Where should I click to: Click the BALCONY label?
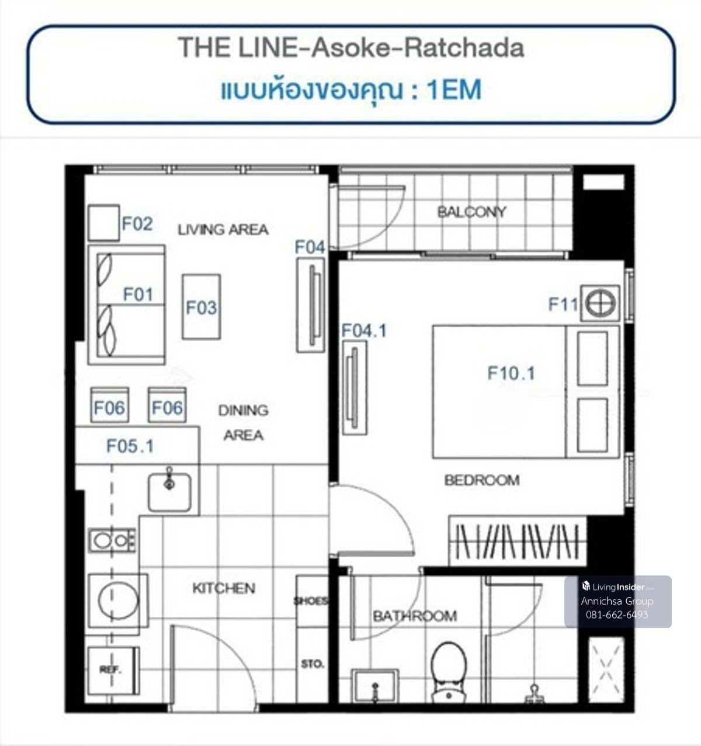(472, 212)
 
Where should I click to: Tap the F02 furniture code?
(137, 224)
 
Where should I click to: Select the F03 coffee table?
(202, 307)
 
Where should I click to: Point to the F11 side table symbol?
(600, 303)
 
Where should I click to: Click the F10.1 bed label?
(511, 373)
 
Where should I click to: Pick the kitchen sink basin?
(169, 492)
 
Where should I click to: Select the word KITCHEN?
(224, 588)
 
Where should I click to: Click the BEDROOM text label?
(482, 480)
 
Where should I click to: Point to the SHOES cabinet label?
(310, 601)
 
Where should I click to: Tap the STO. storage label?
(312, 664)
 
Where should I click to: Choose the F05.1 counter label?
(130, 446)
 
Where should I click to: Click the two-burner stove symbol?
(112, 540)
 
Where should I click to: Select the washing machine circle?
(118, 601)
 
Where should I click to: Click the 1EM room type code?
(454, 90)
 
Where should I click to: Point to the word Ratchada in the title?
(464, 48)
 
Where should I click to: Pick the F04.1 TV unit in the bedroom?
(355, 388)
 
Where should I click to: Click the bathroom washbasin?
(375, 685)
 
